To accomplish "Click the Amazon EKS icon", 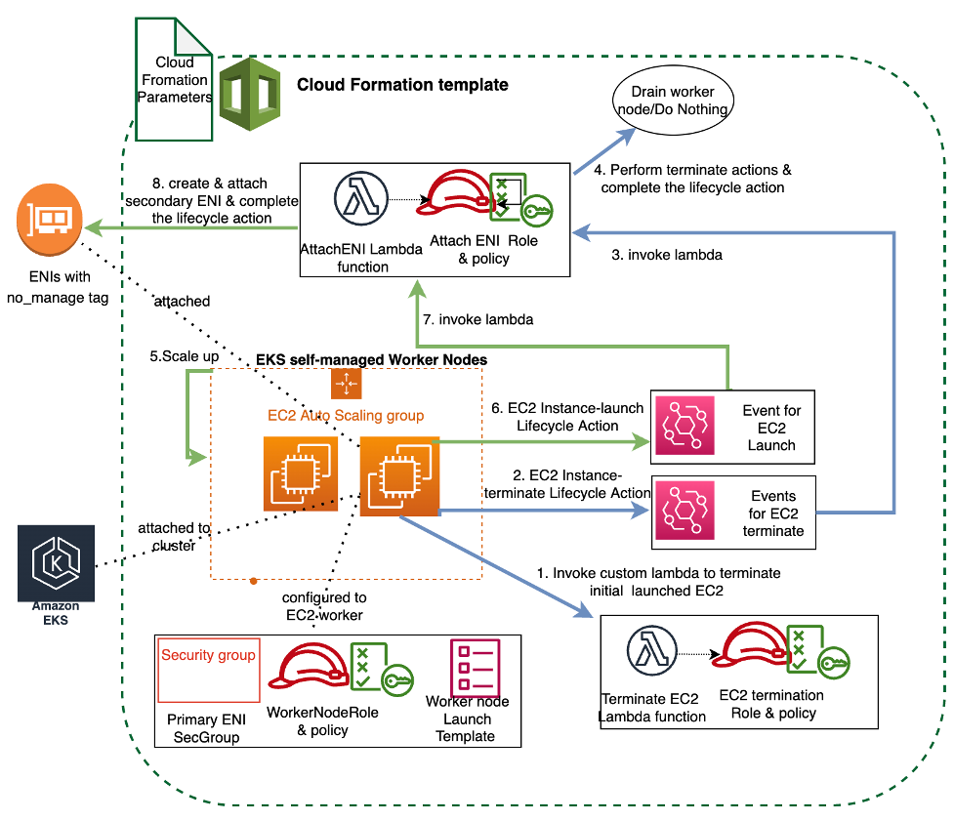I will click(x=56, y=563).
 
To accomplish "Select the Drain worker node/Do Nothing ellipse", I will click(x=673, y=101).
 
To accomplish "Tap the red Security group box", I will click(x=208, y=671).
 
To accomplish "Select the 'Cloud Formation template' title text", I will click(x=402, y=85).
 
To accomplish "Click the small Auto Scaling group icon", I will click(x=346, y=385).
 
